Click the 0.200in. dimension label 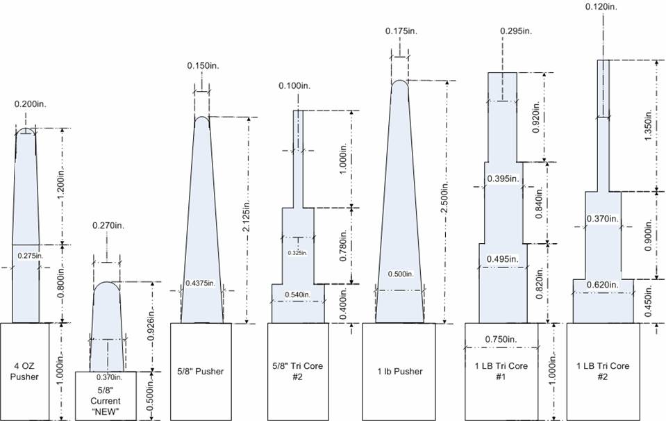pos(30,104)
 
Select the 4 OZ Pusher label pos(24,371)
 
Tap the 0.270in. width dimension pos(108,226)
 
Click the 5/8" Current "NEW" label pos(106,401)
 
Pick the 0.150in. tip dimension pos(203,66)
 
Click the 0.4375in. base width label pos(200,283)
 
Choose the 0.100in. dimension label pos(294,86)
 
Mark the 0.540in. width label pos(297,295)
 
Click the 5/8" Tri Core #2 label pos(297,371)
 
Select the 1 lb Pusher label pos(400,371)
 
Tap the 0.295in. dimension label pos(516,31)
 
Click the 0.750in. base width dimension pos(501,339)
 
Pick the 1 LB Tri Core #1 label pos(501,371)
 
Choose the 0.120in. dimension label pos(601,7)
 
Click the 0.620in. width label pos(603,285)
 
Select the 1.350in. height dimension pos(648,126)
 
